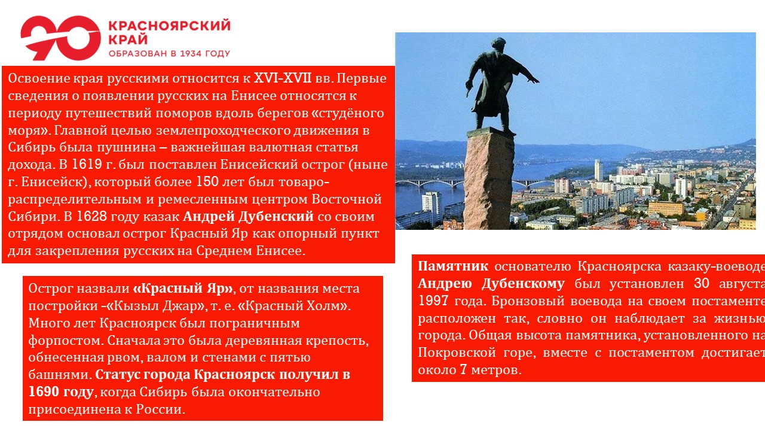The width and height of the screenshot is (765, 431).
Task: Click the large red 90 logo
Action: click(x=60, y=38)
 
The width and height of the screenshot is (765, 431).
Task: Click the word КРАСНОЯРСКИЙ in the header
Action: click(x=169, y=26)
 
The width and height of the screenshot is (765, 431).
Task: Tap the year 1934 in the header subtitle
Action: click(x=191, y=53)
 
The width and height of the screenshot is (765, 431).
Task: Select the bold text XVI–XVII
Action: click(x=283, y=78)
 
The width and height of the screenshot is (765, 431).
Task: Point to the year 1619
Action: click(x=87, y=165)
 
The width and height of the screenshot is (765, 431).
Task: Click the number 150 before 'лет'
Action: click(x=207, y=181)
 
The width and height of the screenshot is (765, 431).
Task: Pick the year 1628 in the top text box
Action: click(x=91, y=217)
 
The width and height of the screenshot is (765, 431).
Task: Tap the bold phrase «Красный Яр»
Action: click(x=183, y=289)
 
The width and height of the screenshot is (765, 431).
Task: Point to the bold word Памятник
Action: click(x=453, y=266)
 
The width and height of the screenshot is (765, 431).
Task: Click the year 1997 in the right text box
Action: click(x=433, y=301)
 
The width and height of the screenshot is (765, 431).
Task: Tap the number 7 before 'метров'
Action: click(x=463, y=369)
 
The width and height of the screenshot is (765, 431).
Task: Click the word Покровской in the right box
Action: click(x=457, y=353)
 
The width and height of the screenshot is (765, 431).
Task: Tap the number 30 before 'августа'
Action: click(x=702, y=284)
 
